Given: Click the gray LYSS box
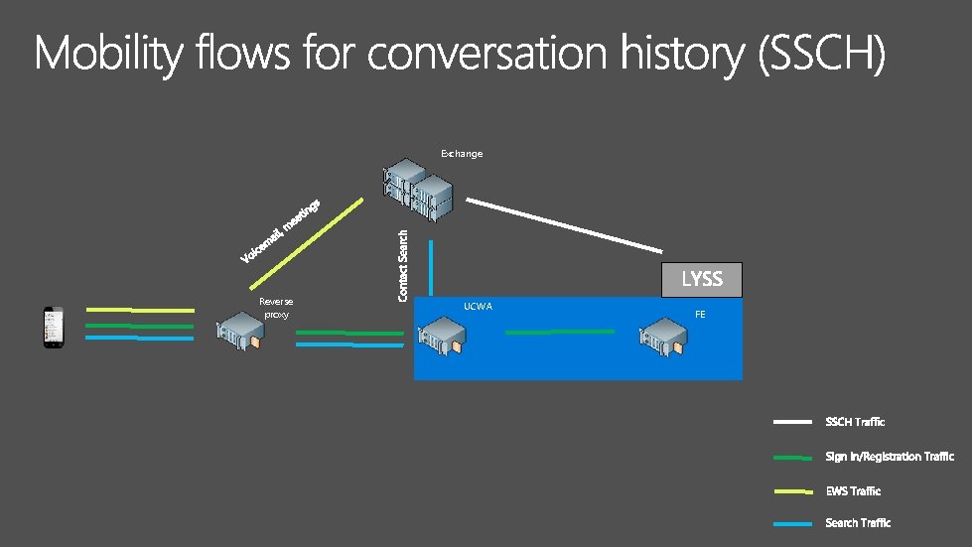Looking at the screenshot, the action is pos(701,279).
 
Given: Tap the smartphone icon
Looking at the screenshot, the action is pos(52,328).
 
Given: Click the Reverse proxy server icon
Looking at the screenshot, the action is pos(241,332).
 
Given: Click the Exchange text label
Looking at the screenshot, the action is pos(462,154).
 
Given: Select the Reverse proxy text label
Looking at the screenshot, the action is pos(276,308).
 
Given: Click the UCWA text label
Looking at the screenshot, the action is pos(478,306).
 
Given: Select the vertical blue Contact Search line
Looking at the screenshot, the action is pos(431,268).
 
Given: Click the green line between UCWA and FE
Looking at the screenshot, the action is pos(560,333).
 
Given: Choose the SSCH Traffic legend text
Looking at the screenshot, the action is pos(855,422).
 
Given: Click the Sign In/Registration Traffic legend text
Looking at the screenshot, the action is pos(890,457).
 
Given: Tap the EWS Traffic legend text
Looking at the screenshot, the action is pos(853,491).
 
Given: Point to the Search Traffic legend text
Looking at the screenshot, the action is pos(858,523).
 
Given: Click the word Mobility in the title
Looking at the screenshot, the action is pos(108,54).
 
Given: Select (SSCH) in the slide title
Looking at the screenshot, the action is pos(819,54).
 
